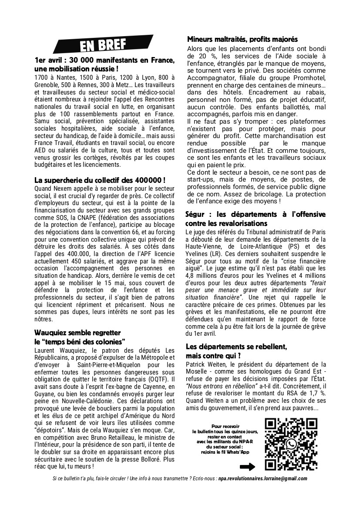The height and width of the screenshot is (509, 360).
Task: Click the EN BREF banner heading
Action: coord(103,44)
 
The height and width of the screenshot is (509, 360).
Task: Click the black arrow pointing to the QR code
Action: coord(247,467)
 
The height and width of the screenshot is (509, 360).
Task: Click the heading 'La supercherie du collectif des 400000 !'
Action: coord(100,179)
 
